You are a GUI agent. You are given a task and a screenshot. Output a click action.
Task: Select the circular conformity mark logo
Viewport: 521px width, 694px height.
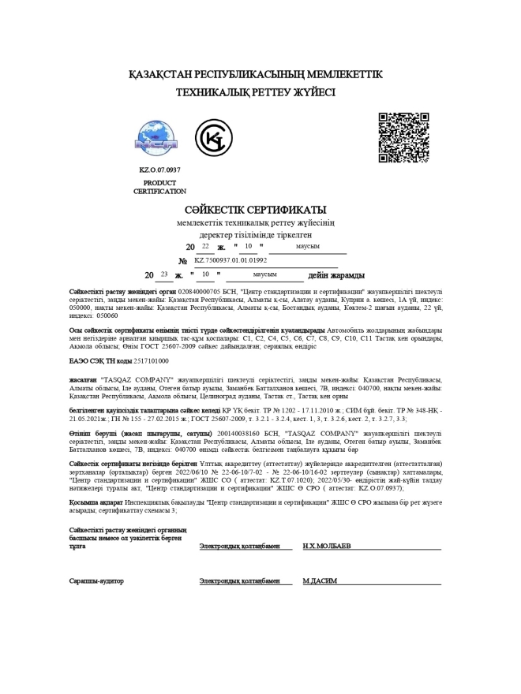(x=213, y=139)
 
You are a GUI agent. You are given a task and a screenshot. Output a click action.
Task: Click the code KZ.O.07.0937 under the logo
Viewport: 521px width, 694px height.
(x=159, y=170)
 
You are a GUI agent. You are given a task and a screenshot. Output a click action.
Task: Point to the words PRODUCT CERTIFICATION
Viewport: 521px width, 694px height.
(x=159, y=187)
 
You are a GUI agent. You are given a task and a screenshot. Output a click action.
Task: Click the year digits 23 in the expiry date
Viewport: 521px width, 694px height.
(x=163, y=275)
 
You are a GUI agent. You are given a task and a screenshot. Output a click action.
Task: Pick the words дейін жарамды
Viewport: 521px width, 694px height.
(x=336, y=275)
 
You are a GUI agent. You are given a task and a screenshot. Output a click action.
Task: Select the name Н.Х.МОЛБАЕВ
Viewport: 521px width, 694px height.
(x=327, y=546)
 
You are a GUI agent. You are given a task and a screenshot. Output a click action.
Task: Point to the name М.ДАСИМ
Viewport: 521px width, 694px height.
(x=320, y=581)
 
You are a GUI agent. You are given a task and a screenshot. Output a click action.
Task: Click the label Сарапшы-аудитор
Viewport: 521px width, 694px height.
(x=97, y=581)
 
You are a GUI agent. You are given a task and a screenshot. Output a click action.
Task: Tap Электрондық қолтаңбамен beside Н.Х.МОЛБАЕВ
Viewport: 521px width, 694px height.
(x=239, y=546)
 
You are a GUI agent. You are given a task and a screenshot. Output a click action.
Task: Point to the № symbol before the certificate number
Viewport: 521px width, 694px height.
(x=182, y=260)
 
